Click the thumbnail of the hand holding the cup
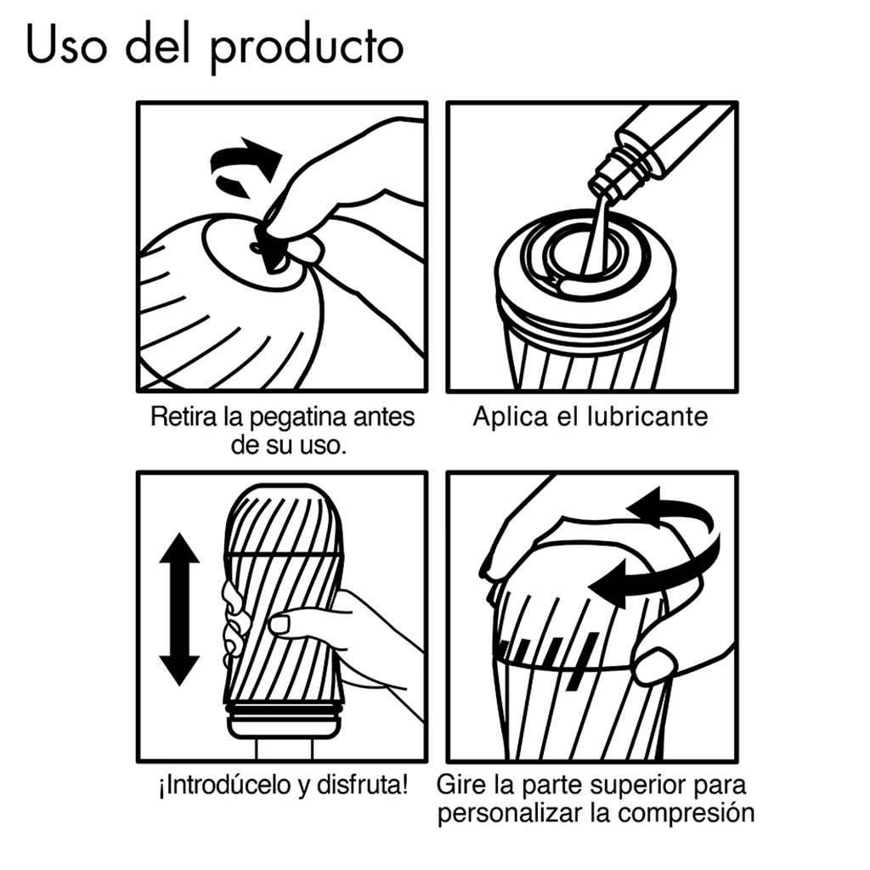pyautogui.click(x=280, y=625)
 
